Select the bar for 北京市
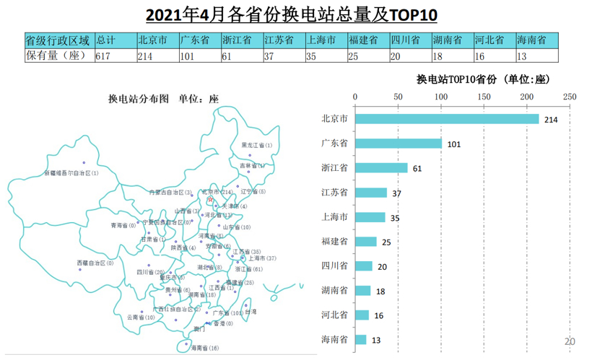coord(446,119)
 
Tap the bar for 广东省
coord(398,144)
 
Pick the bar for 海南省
coord(360,339)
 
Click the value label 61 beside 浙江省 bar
coord(417,168)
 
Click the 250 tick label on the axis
coord(569,96)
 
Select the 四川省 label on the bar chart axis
coord(334,266)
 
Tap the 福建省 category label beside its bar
coord(334,242)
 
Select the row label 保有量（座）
coord(56,56)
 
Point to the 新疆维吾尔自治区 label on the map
coord(71,173)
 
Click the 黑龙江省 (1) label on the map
coord(257,146)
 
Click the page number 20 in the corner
coord(569,341)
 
